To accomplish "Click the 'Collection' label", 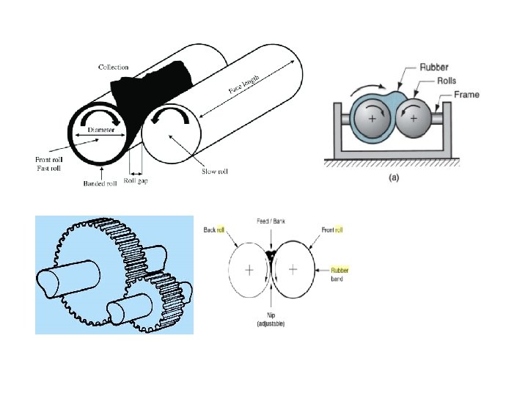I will pos(114,67).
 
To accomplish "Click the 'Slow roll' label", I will pos(214,172).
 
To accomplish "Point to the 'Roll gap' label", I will pos(135,180).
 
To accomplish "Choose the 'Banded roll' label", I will pos(99,183).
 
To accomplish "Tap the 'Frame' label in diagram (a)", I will pos(466,95).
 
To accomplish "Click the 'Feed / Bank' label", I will pos(271,221).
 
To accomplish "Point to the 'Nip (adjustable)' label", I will pos(271,319).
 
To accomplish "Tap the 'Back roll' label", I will pos(215,230).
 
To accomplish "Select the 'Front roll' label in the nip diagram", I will pos(331,230).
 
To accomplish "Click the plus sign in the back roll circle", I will pos(249,271).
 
